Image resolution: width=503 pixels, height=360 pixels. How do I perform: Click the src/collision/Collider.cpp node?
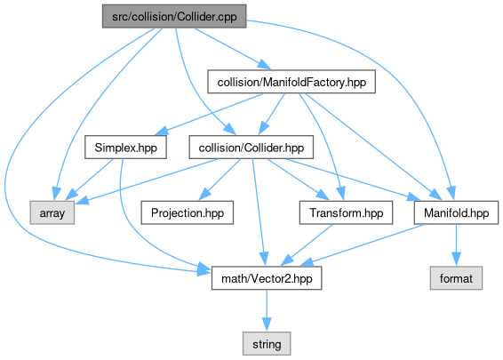click(174, 16)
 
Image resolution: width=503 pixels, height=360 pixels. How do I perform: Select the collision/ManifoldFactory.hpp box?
click(291, 82)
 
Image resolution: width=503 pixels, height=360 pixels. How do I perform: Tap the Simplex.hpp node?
click(126, 148)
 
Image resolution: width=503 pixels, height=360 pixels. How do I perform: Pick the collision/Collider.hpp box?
click(251, 148)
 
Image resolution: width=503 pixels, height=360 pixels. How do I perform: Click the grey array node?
click(52, 212)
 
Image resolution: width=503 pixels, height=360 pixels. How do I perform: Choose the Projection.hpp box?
click(188, 212)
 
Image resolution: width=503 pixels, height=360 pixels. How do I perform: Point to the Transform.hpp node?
click(346, 212)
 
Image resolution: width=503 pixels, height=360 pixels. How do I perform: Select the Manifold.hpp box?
click(456, 212)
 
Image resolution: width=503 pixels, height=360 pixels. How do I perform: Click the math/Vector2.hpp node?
click(267, 278)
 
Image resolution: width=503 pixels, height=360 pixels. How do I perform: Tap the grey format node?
click(456, 278)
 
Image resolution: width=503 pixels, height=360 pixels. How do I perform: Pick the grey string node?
click(267, 344)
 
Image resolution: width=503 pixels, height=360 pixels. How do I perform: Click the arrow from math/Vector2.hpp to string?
click(267, 310)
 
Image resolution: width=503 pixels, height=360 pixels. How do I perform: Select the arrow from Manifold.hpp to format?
click(456, 244)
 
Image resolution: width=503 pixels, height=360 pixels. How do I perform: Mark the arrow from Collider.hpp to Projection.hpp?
click(220, 179)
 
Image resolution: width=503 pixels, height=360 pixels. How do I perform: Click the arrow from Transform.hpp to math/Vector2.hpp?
click(307, 244)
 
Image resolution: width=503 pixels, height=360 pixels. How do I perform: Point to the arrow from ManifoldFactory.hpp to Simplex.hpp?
click(210, 115)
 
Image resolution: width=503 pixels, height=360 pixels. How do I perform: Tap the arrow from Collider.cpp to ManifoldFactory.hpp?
click(233, 49)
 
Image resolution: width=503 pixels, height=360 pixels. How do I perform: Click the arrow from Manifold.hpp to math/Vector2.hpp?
click(362, 244)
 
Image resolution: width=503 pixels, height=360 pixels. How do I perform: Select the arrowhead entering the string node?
click(267, 324)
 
